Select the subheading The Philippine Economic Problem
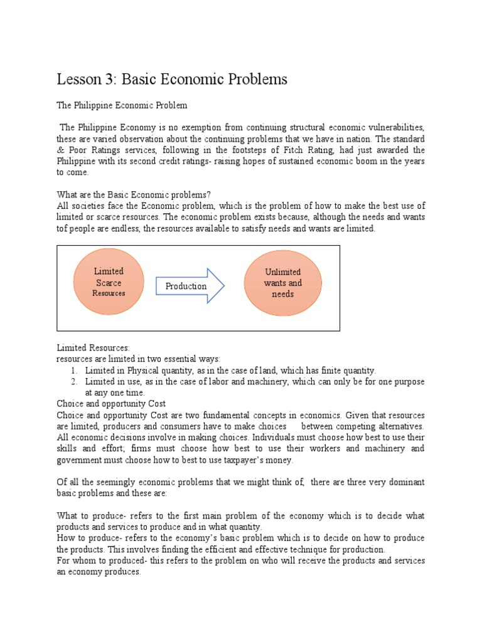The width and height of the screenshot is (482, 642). click(x=122, y=105)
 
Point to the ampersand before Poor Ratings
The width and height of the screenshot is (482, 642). click(x=60, y=150)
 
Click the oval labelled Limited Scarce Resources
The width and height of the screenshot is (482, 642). click(x=109, y=282)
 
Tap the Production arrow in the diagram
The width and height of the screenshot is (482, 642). click(x=189, y=286)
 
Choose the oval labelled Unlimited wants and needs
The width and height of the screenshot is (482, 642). click(x=282, y=283)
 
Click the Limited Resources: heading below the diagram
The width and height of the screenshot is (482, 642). click(x=92, y=347)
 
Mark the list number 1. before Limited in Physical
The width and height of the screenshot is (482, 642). click(x=74, y=371)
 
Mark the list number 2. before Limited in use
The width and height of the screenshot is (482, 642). click(x=74, y=382)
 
